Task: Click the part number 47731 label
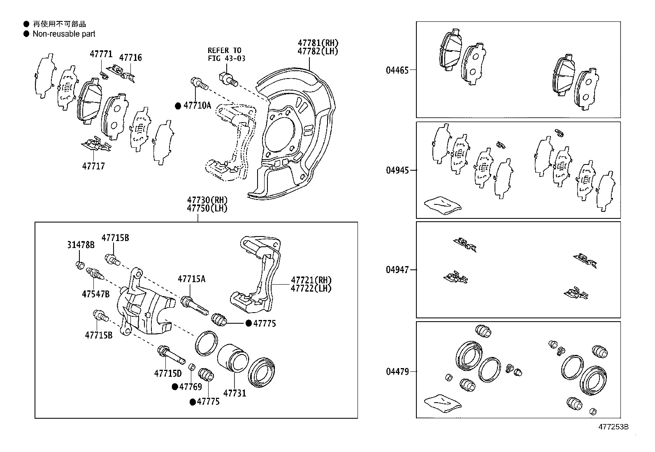[235, 393]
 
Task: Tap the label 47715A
[191, 279]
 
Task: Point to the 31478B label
[81, 245]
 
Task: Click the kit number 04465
[397, 70]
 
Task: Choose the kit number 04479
[397, 372]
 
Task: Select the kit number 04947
[397, 270]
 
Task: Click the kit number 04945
[397, 170]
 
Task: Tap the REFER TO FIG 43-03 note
[226, 54]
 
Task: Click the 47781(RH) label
[318, 43]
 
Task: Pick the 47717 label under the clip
[93, 167]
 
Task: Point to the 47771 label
[101, 54]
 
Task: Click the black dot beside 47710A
[178, 106]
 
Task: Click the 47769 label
[190, 387]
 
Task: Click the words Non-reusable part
[64, 34]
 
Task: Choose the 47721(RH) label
[311, 280]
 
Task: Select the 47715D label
[168, 373]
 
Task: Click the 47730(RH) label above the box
[207, 200]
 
